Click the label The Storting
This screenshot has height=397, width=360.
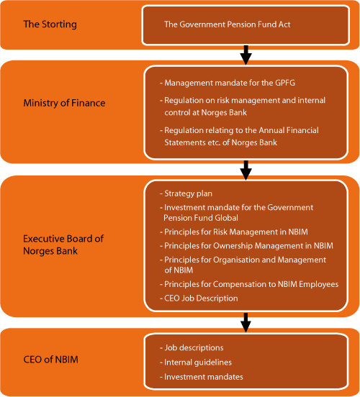pos(50,24)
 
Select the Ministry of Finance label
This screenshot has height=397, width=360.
pos(64,103)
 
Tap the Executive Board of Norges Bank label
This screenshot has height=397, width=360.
pos(64,244)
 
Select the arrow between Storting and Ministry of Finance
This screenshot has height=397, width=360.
pos(246,55)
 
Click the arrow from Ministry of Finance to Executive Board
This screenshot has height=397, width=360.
pos(246,169)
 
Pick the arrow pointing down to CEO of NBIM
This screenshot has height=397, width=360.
pos(246,321)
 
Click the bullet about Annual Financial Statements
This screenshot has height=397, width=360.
pos(241,135)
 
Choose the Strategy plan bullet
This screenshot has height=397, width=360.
pos(188,193)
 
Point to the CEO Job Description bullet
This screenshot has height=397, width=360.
pos(201,298)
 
